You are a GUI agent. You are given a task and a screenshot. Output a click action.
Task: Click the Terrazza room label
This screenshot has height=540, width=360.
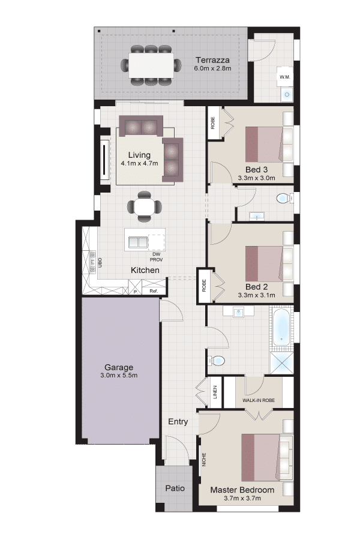click(212, 60)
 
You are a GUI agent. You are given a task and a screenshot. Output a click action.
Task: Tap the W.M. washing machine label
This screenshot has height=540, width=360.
click(285, 77)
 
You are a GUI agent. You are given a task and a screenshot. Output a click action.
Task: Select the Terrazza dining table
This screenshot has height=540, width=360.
click(151, 65)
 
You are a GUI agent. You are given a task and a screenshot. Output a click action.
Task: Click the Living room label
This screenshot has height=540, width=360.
click(139, 155)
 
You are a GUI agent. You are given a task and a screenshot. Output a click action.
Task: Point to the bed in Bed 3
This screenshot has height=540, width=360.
click(269, 145)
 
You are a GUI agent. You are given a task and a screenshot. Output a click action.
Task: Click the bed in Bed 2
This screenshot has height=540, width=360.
click(269, 263)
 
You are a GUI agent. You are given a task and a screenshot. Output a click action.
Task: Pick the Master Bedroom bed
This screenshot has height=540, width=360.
click(268, 457)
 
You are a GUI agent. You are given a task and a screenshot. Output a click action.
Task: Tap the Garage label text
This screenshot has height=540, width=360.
click(119, 367)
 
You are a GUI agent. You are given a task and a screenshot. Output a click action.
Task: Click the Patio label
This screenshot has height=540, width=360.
click(175, 488)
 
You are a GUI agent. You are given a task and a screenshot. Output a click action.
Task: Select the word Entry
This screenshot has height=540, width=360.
click(178, 422)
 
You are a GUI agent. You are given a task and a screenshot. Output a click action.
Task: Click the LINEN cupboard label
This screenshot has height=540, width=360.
click(215, 392)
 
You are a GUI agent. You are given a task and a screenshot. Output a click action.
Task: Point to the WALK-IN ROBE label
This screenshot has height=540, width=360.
click(259, 400)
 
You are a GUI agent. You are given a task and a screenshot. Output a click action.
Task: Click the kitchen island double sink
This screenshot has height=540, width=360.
click(138, 242)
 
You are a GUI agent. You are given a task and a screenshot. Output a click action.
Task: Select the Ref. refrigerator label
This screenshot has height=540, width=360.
click(154, 292)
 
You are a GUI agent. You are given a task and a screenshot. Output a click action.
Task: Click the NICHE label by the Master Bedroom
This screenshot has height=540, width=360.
click(204, 460)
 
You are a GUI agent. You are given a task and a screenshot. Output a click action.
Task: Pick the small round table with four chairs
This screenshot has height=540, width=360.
click(145, 206)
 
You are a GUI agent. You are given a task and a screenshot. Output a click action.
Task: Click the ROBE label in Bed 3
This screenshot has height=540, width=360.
click(213, 123)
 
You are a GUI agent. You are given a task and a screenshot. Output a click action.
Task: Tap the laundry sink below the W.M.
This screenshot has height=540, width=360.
click(287, 94)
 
